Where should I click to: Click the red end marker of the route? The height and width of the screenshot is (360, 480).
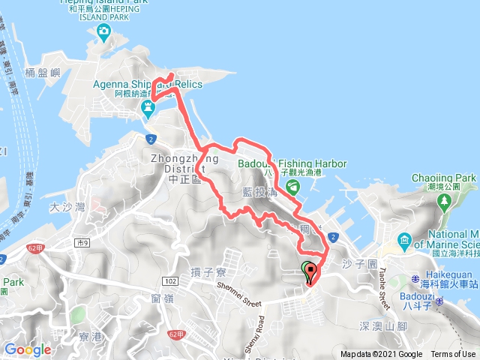coord(310,271)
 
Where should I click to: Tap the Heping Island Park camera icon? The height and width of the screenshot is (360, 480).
coord(103,32)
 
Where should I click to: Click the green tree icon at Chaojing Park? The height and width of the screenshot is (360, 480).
coord(444,201)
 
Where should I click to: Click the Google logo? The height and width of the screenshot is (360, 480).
coord(28,349)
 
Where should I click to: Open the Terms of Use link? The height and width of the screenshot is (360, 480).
coord(452,355)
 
